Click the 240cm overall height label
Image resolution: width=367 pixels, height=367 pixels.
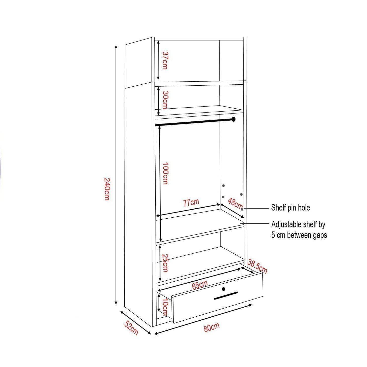[x=107, y=189]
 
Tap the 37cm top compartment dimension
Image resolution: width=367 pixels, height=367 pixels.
[x=165, y=60]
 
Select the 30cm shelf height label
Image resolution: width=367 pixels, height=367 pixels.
[x=165, y=100]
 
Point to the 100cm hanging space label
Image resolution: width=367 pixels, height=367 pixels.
[x=165, y=173]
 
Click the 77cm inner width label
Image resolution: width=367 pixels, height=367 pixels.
[x=191, y=203]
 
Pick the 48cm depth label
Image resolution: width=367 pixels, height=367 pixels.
[x=235, y=204]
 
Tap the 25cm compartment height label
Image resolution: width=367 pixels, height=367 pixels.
[x=165, y=263]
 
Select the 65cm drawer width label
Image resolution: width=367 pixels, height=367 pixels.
[x=200, y=285]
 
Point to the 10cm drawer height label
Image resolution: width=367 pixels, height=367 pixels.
[x=165, y=307]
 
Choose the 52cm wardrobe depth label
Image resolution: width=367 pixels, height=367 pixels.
[x=131, y=328]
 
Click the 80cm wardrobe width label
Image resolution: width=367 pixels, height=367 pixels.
[x=212, y=327]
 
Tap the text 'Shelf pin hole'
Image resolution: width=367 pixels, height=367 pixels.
[x=290, y=208]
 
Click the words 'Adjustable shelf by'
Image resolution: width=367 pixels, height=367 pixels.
[x=298, y=225]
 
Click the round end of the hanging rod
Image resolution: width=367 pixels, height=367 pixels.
[x=234, y=119]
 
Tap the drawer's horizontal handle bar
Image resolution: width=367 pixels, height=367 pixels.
[x=226, y=295]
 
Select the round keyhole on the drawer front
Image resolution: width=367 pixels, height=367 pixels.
[x=224, y=289]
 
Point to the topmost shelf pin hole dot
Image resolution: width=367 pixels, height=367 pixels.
[x=224, y=185]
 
